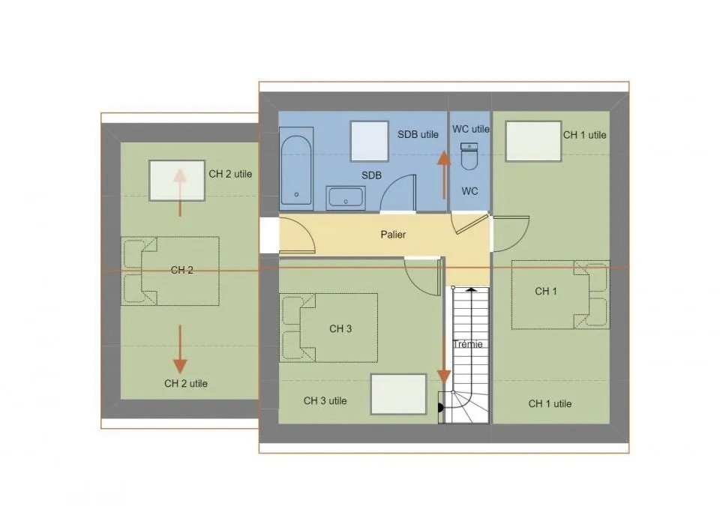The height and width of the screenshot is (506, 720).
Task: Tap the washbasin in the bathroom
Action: (x=345, y=198)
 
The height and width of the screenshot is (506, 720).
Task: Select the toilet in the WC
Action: (x=469, y=156)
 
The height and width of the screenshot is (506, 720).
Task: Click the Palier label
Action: (x=393, y=235)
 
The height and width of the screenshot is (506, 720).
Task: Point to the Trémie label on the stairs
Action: (x=468, y=344)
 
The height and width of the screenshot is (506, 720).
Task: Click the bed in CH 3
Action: (x=328, y=328)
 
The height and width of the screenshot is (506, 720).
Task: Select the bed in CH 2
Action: (x=170, y=271)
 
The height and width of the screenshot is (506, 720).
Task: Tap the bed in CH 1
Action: (x=561, y=295)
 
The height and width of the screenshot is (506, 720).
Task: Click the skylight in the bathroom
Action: (x=370, y=141)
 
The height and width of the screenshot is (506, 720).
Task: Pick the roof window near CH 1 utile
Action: (x=533, y=141)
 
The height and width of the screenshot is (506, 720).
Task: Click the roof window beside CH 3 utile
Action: (x=398, y=394)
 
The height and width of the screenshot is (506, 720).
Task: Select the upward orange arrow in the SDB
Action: (x=444, y=175)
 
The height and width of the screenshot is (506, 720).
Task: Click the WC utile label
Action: (x=471, y=129)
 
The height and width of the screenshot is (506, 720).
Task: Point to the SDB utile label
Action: (x=418, y=134)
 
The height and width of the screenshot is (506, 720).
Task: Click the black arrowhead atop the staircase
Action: (x=471, y=290)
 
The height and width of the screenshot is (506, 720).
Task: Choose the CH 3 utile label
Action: (x=325, y=401)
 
